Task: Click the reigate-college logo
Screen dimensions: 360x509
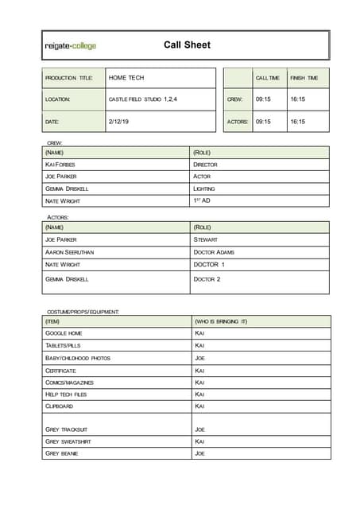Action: (71, 46)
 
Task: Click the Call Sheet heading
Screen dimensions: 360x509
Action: (187, 45)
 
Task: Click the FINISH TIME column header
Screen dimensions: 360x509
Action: (304, 78)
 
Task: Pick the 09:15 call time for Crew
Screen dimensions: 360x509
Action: (263, 99)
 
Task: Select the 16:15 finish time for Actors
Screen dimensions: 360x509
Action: (297, 122)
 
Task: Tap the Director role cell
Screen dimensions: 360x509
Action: (205, 165)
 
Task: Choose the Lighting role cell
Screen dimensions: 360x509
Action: (204, 188)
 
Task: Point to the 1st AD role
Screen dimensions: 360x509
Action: (201, 200)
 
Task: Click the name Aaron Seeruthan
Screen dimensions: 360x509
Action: (70, 252)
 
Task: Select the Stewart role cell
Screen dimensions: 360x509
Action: (205, 239)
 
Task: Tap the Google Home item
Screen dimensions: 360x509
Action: (64, 333)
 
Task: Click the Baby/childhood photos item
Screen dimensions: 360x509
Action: (78, 358)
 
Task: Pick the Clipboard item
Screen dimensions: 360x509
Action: (60, 406)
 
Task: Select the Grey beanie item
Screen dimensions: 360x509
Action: (62, 453)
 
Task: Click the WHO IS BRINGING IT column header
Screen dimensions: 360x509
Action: (221, 321)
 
